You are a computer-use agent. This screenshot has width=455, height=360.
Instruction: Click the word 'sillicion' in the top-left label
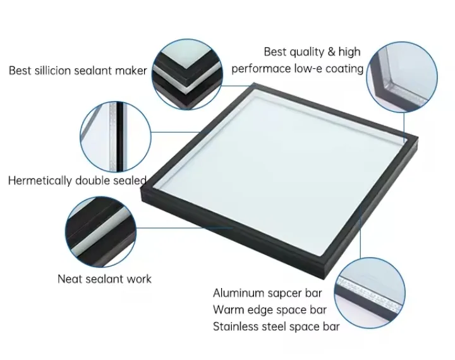point(53,70)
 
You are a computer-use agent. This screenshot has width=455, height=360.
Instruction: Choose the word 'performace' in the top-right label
point(261,68)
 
